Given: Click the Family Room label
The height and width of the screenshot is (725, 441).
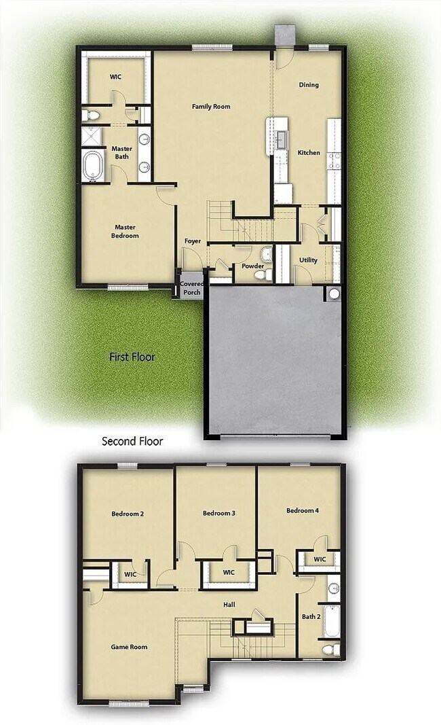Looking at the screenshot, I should tap(211, 107).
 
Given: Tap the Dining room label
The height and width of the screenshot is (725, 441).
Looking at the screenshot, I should tap(309, 85).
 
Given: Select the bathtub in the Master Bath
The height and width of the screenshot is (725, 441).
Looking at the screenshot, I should tap(92, 167).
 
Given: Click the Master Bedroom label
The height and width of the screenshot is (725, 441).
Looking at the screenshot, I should tap(126, 232).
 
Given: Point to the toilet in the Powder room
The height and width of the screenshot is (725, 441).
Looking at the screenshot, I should tap(268, 274).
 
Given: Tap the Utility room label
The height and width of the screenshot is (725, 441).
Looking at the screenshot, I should tap(308, 260).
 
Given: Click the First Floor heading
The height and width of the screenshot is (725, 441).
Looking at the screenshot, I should tap(132, 356).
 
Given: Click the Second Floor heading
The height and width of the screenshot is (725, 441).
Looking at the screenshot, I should tap(132, 441).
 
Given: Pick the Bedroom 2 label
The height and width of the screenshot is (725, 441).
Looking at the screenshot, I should tap(128, 514).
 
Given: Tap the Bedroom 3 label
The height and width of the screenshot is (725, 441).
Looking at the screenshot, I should tap(218, 513).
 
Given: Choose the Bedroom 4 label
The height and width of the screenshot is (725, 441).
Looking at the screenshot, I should tap(303, 510).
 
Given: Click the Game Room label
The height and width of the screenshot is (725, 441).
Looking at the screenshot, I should tap(129, 647).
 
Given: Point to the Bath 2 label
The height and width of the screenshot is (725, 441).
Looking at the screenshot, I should tap(311, 616).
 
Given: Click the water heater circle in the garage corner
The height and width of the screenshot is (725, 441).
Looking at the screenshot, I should tap(333, 294).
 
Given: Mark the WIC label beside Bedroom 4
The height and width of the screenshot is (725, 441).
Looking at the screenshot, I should tap(320, 559).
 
